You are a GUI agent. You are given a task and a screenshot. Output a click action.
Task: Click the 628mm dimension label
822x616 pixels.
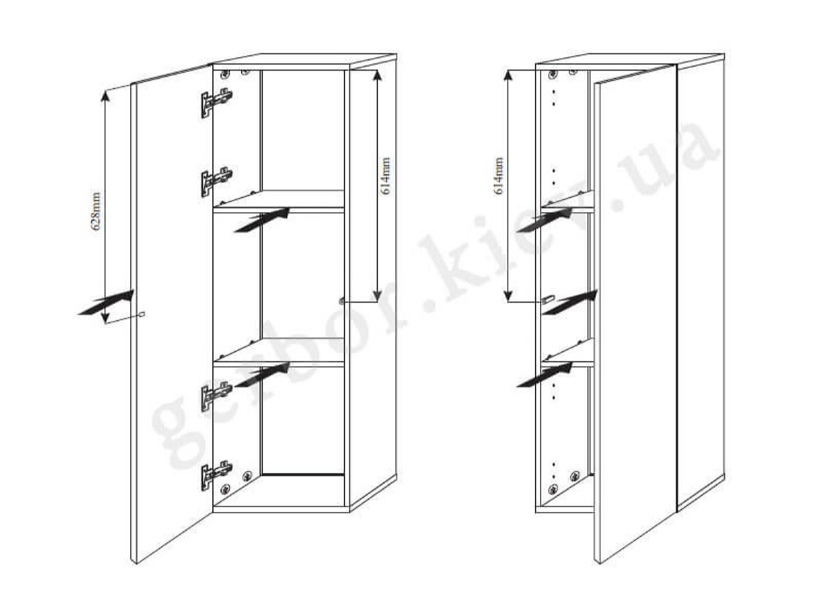(x=96, y=211)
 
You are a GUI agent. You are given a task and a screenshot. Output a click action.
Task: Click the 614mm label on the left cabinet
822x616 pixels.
(x=386, y=176)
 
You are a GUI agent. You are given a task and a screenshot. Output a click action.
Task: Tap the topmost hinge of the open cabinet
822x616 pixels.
(x=216, y=103)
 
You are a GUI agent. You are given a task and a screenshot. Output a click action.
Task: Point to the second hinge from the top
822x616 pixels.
(x=216, y=182)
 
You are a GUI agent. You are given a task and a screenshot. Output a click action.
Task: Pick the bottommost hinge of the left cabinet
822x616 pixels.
(x=216, y=476)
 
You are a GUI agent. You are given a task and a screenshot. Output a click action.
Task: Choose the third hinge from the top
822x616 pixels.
(x=216, y=396)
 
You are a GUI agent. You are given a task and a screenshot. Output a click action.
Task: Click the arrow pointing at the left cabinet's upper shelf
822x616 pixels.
(x=262, y=220)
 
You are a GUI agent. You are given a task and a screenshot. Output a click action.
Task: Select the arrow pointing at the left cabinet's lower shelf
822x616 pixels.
(x=262, y=374)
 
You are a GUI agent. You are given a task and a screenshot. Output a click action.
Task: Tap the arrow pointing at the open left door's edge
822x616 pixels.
(x=105, y=303)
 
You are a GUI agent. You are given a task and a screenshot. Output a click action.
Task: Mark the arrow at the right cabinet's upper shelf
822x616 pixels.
(x=545, y=220)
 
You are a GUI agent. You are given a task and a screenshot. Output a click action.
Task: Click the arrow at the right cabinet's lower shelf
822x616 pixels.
(x=545, y=374)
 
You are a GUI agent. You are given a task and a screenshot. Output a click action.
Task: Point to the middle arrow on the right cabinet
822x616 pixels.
(x=570, y=303)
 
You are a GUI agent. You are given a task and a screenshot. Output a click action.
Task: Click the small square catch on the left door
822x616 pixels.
(x=142, y=314)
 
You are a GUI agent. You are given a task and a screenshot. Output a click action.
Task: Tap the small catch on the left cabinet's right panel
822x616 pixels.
(x=342, y=300)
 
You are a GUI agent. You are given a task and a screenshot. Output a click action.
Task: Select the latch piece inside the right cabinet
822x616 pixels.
(x=548, y=299)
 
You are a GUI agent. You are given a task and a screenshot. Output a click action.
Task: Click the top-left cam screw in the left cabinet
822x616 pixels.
(x=225, y=74)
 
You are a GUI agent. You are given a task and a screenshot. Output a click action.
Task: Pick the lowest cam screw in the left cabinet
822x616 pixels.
(x=225, y=489)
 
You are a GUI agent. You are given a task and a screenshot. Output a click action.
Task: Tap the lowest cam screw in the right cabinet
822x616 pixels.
(x=553, y=489)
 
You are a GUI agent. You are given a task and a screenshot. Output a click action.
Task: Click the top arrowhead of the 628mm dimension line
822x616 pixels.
(x=105, y=95)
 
